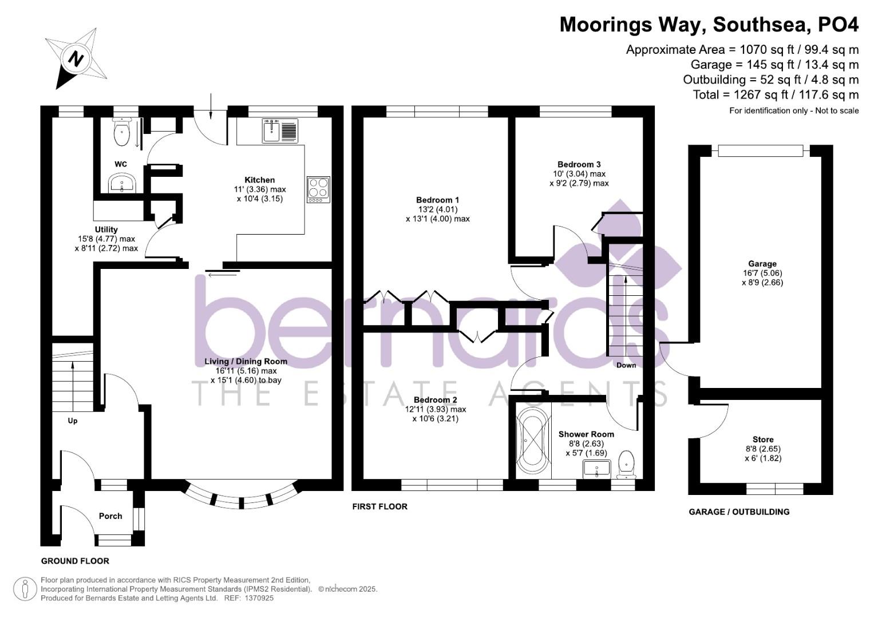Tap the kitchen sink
[x=280, y=130]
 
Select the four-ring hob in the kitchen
[x=319, y=189]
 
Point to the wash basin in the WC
[x=121, y=184]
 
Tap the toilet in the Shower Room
[x=627, y=463]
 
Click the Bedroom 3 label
[x=579, y=164]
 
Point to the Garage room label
[x=762, y=264]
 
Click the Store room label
[x=763, y=439]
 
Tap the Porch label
[x=110, y=516]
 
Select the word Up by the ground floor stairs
[x=73, y=421]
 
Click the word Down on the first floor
[x=626, y=365]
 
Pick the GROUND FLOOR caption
[x=75, y=561]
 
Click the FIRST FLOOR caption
[x=379, y=506]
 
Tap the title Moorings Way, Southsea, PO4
[x=709, y=25]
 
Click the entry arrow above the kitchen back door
[x=211, y=106]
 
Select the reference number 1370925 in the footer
[x=259, y=598]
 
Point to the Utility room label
[x=106, y=229]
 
